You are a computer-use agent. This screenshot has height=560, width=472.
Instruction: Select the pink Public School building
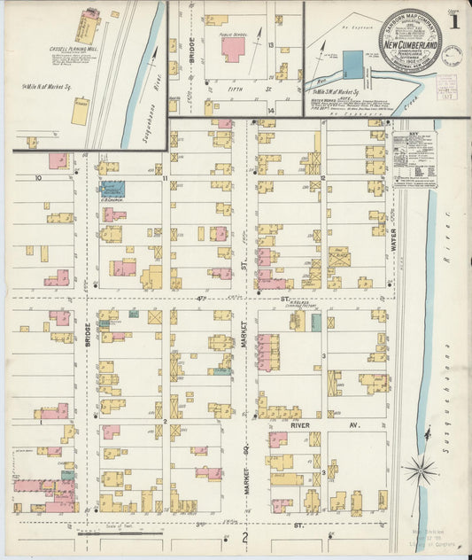pyautogui.click(x=234, y=48)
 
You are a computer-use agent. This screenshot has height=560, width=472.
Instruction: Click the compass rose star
pyautogui.click(x=420, y=471)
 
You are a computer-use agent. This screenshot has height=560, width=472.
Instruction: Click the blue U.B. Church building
pyautogui.click(x=112, y=189)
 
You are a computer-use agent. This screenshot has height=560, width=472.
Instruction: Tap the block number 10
pyautogui.click(x=38, y=178)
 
